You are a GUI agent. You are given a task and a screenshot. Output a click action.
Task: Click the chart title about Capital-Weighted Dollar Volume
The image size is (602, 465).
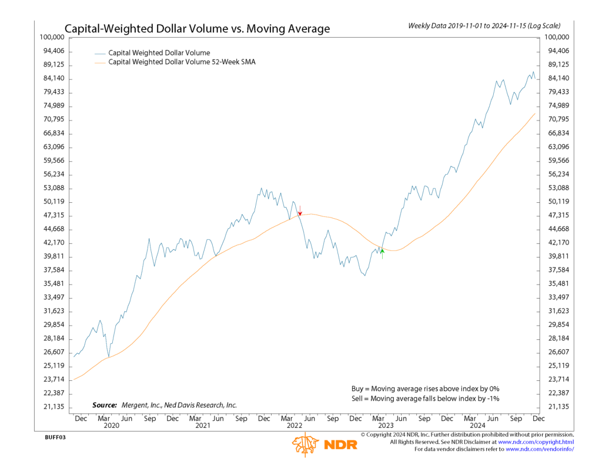click(197, 29)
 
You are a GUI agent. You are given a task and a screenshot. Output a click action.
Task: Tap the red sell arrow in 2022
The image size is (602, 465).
click(300, 211)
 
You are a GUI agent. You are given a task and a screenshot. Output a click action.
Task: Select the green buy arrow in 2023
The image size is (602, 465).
click(382, 252)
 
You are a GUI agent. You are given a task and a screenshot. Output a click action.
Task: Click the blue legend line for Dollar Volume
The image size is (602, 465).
click(99, 53)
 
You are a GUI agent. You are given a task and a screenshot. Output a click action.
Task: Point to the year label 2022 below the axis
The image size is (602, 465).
click(294, 426)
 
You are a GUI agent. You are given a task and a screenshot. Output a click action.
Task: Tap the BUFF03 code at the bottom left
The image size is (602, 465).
click(55, 438)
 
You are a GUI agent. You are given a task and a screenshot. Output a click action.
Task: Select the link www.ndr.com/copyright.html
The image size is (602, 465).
click(536, 441)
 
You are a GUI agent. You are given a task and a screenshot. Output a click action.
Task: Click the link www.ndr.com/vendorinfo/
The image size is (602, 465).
click(539, 449)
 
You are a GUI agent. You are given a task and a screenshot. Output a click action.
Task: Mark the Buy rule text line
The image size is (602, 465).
click(425, 389)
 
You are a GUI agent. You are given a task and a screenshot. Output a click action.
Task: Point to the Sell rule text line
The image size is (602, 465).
click(425, 399)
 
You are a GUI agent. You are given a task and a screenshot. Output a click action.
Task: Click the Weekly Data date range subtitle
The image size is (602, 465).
click(484, 26)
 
